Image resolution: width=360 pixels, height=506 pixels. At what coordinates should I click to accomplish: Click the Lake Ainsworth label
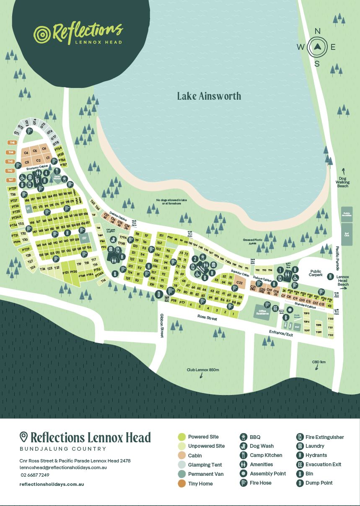[x=209, y=96]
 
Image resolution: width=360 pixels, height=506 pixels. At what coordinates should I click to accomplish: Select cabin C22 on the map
[x=239, y=283]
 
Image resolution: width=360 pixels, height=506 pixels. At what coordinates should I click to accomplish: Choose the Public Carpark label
[x=316, y=273]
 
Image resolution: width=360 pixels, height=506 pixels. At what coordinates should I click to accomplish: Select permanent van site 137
[x=84, y=238]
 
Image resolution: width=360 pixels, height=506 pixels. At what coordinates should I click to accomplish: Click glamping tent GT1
[x=17, y=133]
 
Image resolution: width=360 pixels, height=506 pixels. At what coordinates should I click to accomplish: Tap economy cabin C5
[x=35, y=150]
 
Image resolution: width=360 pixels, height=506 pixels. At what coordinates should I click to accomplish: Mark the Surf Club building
[x=347, y=234]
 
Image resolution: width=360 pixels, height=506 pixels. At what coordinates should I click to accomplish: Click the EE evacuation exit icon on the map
[x=275, y=308]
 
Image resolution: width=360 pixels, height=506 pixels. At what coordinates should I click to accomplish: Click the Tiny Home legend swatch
[x=181, y=484]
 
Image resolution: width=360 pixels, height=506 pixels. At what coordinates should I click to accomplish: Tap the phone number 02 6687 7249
[x=35, y=475]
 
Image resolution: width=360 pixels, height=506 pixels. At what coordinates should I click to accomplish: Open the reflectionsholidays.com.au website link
[x=52, y=484]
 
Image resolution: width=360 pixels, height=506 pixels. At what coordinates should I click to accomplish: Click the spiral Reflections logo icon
[x=42, y=34]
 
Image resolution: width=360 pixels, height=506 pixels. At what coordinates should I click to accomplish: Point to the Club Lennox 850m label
[x=203, y=370]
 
